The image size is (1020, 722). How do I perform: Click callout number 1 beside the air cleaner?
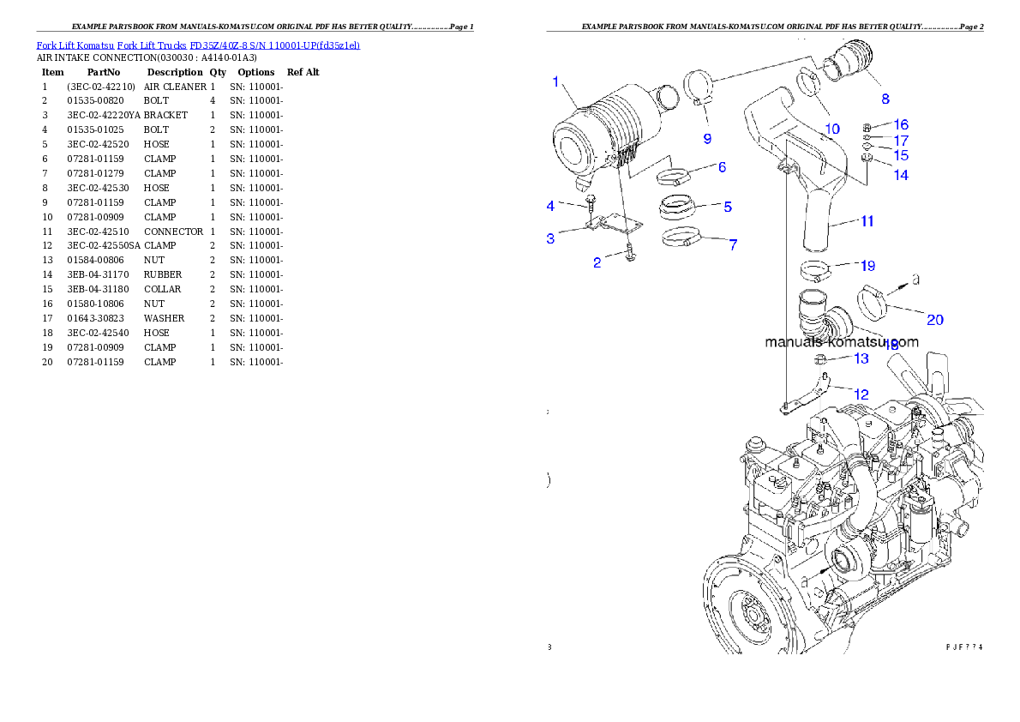click(555, 82)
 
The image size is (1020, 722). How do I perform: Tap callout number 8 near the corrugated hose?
click(885, 99)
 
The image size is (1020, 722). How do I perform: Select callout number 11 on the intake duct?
click(867, 221)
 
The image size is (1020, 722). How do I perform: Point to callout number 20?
click(934, 319)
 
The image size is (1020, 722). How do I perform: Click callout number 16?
click(901, 125)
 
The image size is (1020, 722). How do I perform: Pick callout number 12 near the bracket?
click(861, 394)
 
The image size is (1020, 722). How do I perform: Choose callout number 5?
click(727, 207)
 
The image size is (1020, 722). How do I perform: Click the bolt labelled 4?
click(591, 203)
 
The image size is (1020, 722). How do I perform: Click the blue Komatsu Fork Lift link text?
click(198, 45)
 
